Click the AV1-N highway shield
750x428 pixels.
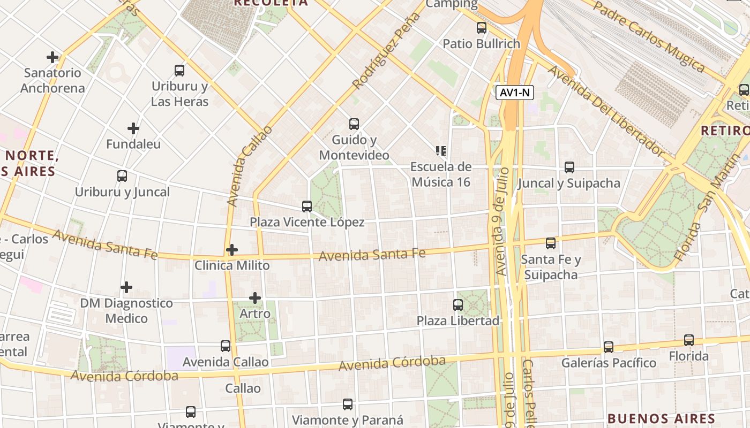tap(515, 93)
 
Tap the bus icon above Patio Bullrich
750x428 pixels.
tap(482, 28)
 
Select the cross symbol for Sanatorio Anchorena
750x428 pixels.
tap(52, 57)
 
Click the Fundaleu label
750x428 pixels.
tap(133, 144)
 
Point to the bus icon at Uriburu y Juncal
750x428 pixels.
tap(122, 175)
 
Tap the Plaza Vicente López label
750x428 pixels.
tap(307, 222)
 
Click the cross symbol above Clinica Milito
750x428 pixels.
tap(232, 250)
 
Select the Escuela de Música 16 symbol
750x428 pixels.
tap(441, 151)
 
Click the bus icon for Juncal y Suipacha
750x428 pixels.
tap(569, 167)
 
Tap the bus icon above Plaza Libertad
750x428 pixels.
tap(458, 305)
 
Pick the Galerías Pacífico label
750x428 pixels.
tap(609, 363)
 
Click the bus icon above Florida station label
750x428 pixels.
tap(689, 340)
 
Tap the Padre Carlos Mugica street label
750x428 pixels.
tap(649, 36)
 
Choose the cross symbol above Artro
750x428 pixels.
tap(255, 297)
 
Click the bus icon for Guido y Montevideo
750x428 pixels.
tap(354, 124)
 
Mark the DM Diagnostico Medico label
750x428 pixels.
tap(126, 311)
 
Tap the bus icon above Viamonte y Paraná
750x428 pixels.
tap(348, 404)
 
